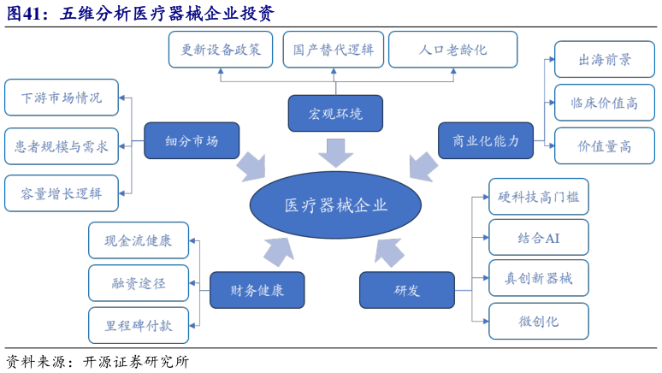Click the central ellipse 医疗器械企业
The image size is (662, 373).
[x=335, y=206]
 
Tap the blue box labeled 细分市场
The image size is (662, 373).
[x=191, y=141]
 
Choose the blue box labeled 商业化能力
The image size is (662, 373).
[x=485, y=141]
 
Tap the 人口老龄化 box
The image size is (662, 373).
[x=452, y=50]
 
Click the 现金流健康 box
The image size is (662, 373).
[x=139, y=240]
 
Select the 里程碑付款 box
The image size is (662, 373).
[x=139, y=326]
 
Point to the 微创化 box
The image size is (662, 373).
[x=538, y=321]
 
